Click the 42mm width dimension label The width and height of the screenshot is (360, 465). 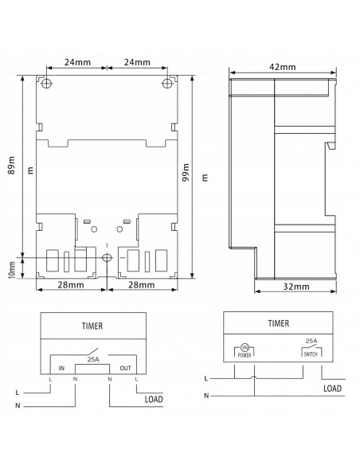click(x=282, y=67)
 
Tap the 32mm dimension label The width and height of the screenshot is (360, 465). click(x=296, y=287)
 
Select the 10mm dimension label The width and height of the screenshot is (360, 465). click(x=12, y=270)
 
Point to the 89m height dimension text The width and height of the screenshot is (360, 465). click(x=11, y=165)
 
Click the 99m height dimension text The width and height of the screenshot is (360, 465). click(x=186, y=172)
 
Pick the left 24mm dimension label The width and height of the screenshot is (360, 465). click(x=77, y=62)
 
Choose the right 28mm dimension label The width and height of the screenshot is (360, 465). click(x=141, y=285)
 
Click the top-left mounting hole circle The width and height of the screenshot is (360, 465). click(x=46, y=83)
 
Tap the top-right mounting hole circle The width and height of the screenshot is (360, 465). click(x=167, y=83)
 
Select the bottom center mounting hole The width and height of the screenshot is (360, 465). click(x=107, y=258)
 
